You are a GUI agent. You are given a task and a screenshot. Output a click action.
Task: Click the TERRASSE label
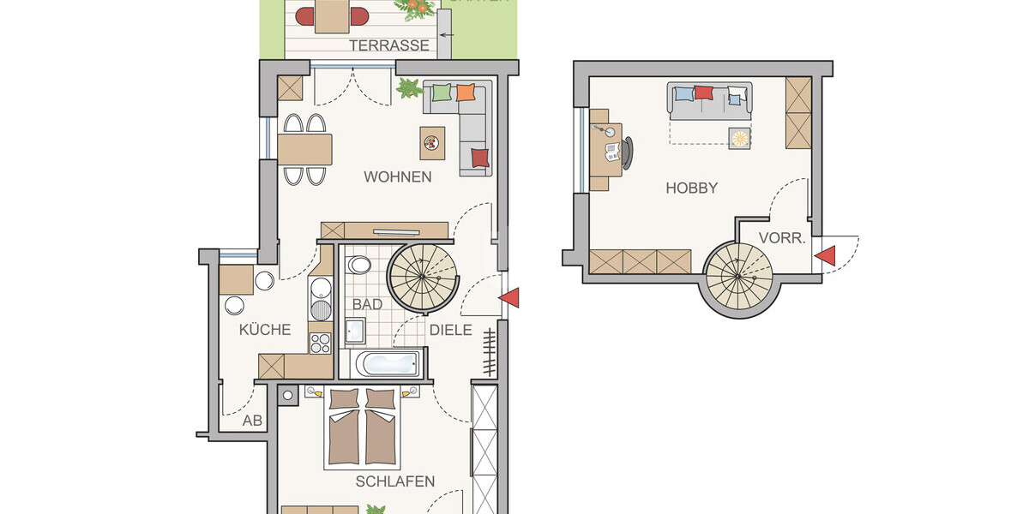(x=389, y=45)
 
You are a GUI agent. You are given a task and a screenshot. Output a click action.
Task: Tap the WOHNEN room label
(x=397, y=177)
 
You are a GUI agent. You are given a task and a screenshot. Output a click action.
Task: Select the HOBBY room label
(x=691, y=188)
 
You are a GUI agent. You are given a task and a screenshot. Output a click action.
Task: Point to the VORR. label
(x=782, y=239)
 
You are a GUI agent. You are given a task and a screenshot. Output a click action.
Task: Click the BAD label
(x=367, y=304)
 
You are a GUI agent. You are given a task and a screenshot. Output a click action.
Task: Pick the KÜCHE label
(x=265, y=330)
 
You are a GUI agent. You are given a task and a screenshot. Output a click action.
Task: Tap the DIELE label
(x=451, y=330)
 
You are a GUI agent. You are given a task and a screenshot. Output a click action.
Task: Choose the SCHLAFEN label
(x=395, y=481)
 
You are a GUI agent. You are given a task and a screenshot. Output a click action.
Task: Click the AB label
(x=251, y=421)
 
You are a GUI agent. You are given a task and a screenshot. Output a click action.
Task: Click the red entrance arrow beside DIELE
(x=509, y=297)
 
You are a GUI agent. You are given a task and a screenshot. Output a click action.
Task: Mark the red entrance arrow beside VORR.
(x=825, y=255)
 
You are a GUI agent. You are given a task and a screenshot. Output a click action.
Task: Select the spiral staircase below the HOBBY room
(x=743, y=277)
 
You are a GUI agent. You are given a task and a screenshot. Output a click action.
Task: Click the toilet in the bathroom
(x=359, y=266)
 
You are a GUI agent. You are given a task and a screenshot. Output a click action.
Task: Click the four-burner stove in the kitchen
(x=320, y=344)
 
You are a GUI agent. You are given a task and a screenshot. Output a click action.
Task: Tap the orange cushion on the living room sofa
(x=466, y=93)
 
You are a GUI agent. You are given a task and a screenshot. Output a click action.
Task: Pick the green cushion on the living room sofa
(x=441, y=93)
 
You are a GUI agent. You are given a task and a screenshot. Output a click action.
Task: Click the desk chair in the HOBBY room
(x=629, y=151)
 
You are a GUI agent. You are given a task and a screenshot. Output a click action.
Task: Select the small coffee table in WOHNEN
(x=433, y=142)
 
